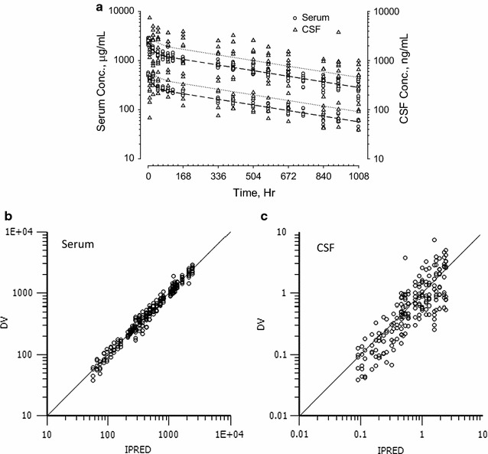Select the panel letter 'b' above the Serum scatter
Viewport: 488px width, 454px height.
7,219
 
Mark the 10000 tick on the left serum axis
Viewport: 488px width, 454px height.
127,11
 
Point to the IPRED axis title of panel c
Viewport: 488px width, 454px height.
390,446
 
